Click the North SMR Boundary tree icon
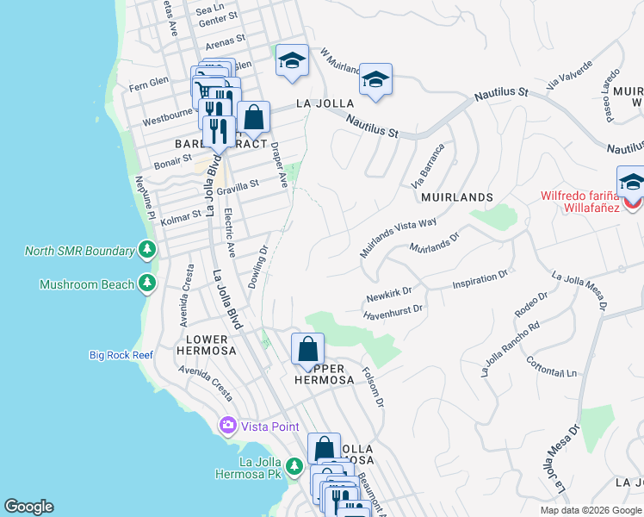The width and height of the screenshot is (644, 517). (147, 251)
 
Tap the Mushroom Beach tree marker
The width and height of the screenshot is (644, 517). (147, 283)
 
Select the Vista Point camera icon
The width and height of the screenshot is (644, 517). (227, 426)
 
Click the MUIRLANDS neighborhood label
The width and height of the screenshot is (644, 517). (457, 197)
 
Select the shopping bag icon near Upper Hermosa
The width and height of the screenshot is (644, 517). (307, 350)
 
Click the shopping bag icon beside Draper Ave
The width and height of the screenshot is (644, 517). (253, 118)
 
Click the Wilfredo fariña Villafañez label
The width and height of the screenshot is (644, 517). (579, 201)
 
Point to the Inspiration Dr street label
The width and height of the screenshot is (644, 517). (480, 280)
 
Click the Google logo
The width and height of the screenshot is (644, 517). (28, 507)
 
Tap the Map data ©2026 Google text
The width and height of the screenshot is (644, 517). (590, 510)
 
